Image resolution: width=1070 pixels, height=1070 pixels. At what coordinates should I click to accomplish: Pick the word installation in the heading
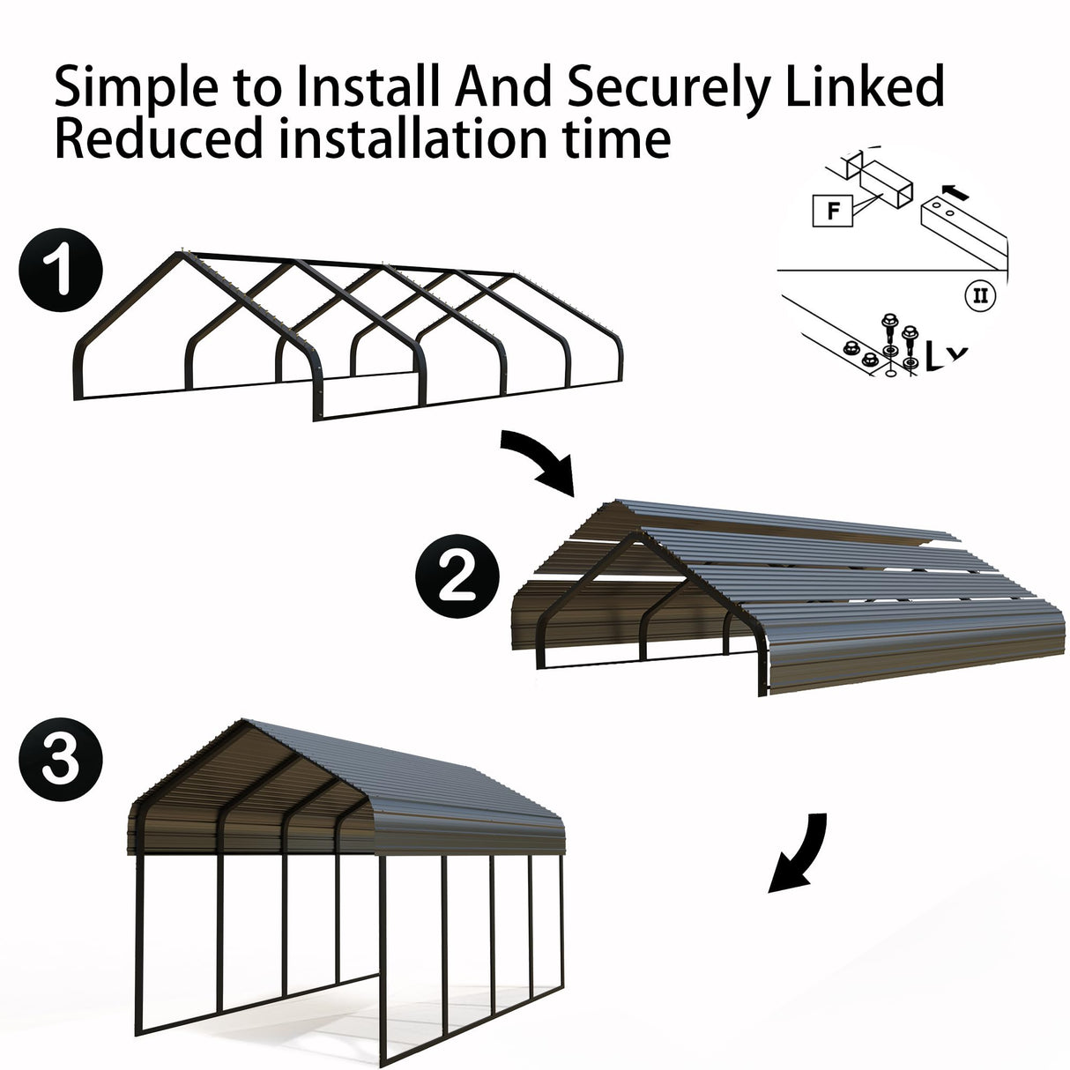tap(411, 139)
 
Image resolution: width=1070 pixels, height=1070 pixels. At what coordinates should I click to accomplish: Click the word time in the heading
tap(617, 139)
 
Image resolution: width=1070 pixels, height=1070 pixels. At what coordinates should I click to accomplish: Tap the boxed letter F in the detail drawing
tap(833, 212)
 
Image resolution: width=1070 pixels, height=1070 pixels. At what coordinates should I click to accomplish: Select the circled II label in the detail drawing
tap(979, 294)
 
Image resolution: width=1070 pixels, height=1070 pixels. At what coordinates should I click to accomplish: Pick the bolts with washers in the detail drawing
tap(897, 339)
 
